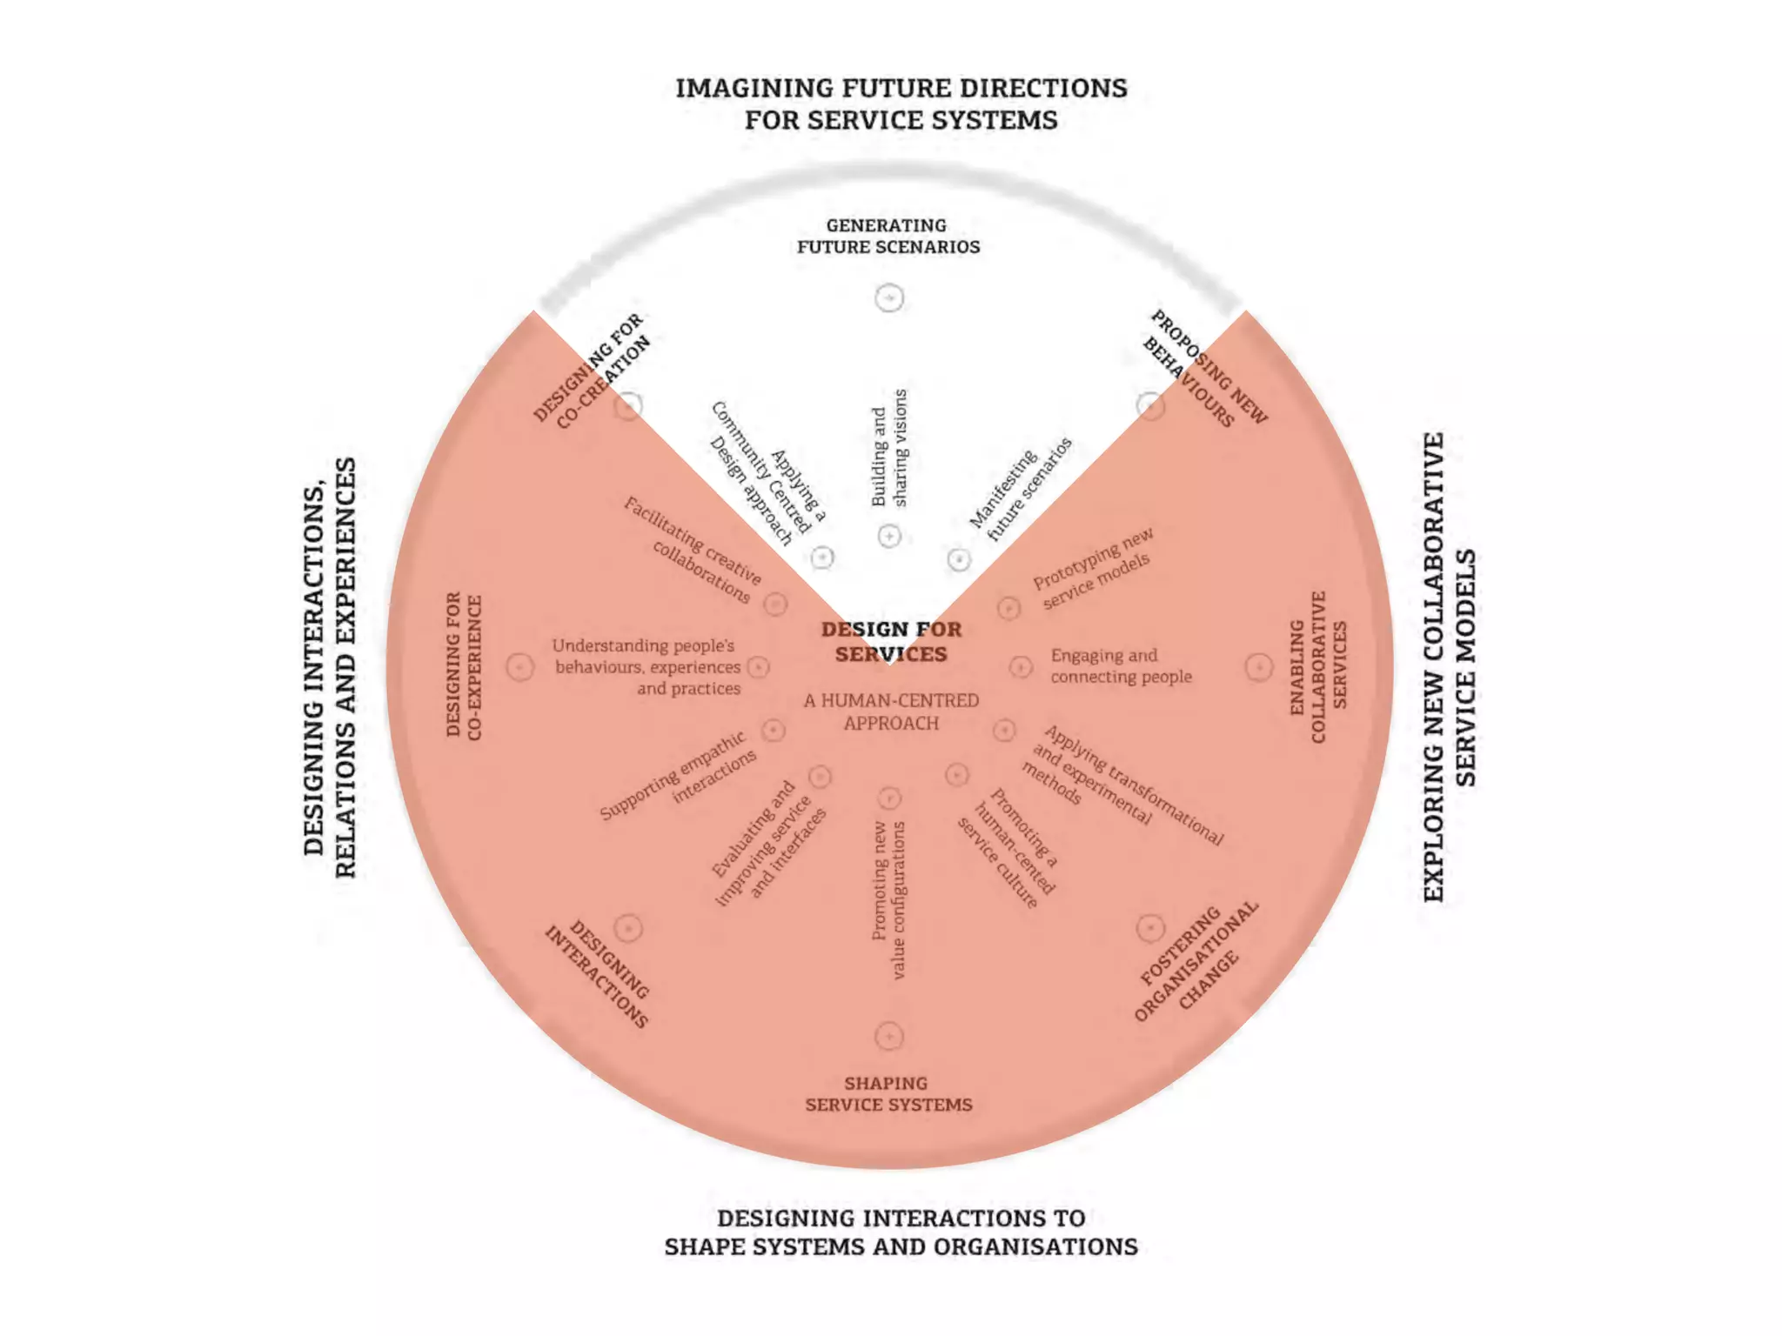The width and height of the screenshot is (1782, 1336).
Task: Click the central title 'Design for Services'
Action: pos(891,641)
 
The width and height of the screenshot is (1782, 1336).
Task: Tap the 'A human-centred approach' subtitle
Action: pos(891,711)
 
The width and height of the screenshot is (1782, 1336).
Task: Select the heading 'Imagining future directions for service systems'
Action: pos(901,104)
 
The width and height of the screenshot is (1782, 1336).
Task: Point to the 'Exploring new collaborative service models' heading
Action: pos(1450,667)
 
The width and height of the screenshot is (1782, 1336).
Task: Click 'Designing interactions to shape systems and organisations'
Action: pos(901,1232)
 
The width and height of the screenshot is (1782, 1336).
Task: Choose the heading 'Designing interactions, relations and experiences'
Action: pos(331,667)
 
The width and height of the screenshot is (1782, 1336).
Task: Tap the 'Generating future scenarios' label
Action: pos(888,236)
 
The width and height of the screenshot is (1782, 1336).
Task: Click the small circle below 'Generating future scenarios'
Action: pos(889,298)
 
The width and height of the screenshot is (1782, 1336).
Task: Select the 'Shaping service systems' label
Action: pos(888,1093)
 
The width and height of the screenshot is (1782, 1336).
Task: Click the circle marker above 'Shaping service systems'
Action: pos(888,1036)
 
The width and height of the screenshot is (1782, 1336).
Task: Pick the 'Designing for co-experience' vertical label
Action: pos(464,667)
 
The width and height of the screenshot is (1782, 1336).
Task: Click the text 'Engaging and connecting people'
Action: pos(1121,666)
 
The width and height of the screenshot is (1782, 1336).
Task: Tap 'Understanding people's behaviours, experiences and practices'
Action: pos(647,667)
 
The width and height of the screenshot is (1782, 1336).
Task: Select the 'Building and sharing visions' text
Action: pos(889,448)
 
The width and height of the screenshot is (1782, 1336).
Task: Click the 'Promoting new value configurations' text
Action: pos(889,900)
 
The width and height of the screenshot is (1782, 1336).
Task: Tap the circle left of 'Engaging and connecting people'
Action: pos(1021,667)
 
